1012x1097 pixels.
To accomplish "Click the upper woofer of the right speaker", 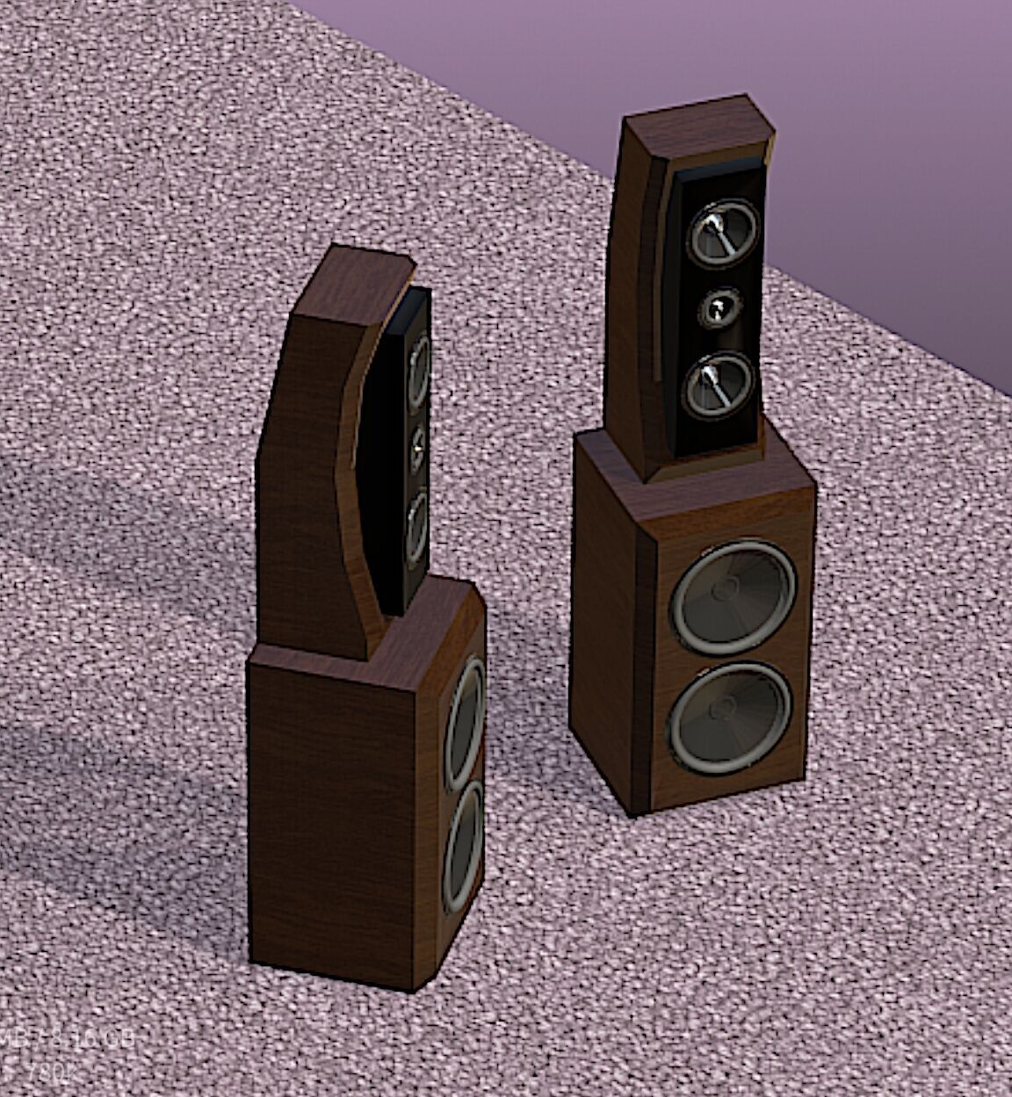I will pyautogui.click(x=734, y=597).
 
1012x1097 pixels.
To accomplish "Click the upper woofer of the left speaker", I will pyautogui.click(x=466, y=722).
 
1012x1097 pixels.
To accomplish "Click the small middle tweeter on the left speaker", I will pyautogui.click(x=416, y=447).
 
